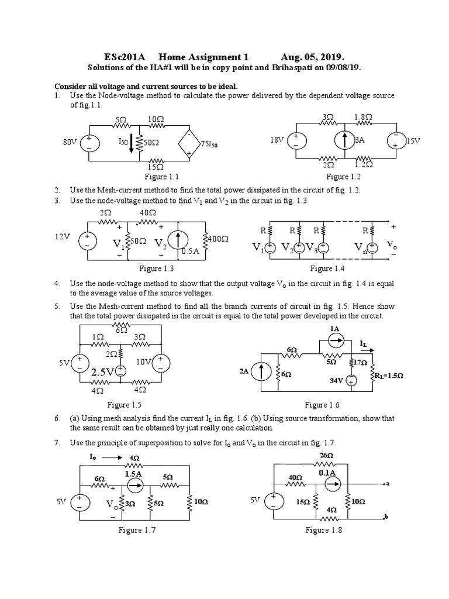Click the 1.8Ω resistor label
(x=363, y=118)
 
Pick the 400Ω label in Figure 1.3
(x=218, y=239)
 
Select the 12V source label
(x=63, y=237)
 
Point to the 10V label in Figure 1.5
(x=143, y=362)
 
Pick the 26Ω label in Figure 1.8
(x=326, y=455)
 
